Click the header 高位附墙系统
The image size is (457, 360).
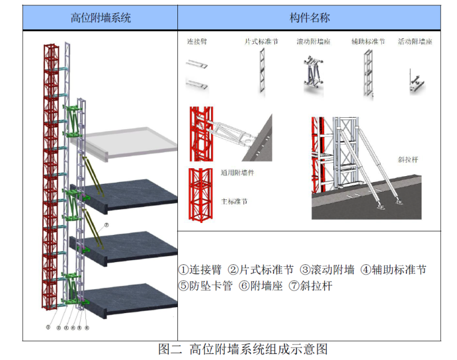[100, 18]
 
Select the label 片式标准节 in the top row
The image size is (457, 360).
[261, 42]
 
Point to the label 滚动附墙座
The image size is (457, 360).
[313, 42]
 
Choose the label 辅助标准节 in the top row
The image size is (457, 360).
[368, 42]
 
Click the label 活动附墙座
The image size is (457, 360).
[415, 42]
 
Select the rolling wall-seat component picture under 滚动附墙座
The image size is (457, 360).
[313, 75]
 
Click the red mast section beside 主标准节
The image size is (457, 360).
[199, 195]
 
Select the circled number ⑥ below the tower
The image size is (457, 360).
[87, 328]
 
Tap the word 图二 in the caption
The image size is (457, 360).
[170, 349]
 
